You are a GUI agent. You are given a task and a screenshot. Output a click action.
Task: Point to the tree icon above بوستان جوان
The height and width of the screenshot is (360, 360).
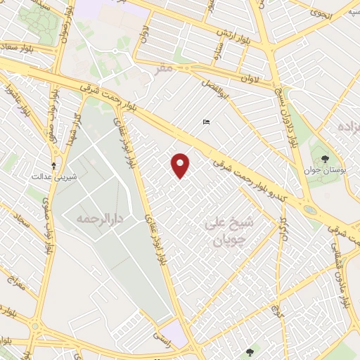324,159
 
